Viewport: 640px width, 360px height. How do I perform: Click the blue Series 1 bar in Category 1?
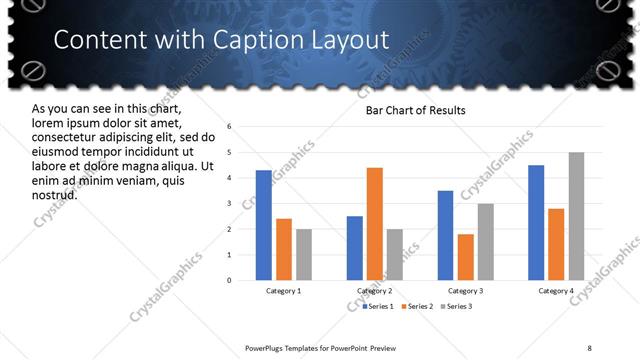pyautogui.click(x=264, y=225)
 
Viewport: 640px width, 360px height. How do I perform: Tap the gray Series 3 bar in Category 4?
pyautogui.click(x=577, y=216)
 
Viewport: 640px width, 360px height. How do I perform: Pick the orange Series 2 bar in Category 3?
pyautogui.click(x=466, y=257)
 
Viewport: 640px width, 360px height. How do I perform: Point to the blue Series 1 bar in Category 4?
pyautogui.click(x=536, y=222)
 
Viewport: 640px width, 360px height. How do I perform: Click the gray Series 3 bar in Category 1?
pyautogui.click(x=304, y=254)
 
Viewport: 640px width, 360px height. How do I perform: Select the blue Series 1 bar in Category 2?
pyautogui.click(x=355, y=248)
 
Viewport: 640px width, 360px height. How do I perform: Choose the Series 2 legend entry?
pyautogui.click(x=417, y=305)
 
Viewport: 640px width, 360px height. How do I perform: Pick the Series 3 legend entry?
pyautogui.click(x=457, y=305)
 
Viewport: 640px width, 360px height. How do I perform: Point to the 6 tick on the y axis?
pyautogui.click(x=230, y=127)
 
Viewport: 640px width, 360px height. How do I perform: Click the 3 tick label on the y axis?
pyautogui.click(x=230, y=204)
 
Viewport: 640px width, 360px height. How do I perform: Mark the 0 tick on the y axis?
pyautogui.click(x=230, y=280)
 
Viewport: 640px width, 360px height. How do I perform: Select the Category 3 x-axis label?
pyautogui.click(x=466, y=291)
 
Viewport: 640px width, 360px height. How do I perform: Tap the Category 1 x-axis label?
pyautogui.click(x=284, y=291)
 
